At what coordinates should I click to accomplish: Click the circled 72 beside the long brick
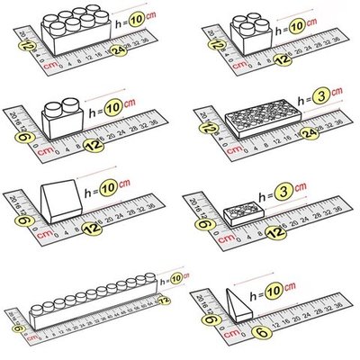pos(163,298)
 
